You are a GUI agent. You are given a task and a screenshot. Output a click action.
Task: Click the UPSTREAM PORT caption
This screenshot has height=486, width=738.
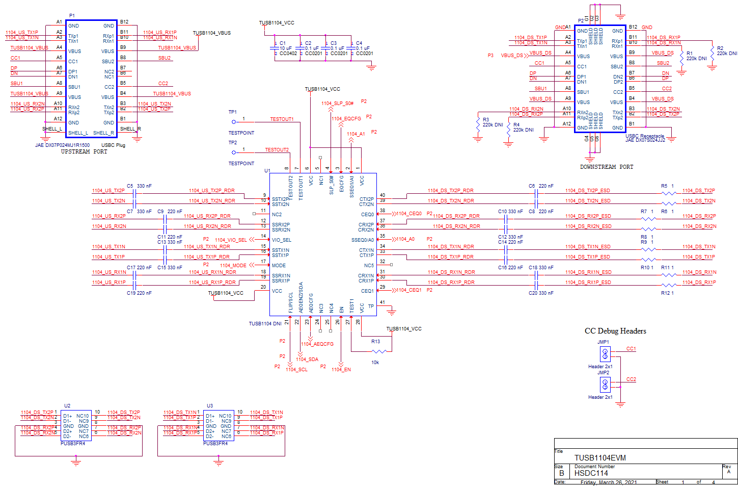click(x=84, y=151)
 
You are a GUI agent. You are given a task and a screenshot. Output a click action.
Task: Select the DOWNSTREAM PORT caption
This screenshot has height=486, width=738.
click(x=607, y=167)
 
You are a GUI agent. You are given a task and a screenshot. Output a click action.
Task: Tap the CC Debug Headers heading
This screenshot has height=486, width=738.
click(x=615, y=331)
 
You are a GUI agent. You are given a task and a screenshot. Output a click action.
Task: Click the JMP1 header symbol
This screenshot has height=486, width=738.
click(x=605, y=353)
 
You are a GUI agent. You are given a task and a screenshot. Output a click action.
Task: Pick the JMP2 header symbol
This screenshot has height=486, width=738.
click(x=605, y=384)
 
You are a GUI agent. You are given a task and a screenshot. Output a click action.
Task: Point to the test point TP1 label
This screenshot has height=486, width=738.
click(x=232, y=112)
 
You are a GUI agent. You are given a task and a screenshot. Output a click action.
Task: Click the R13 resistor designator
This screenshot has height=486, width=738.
click(x=375, y=342)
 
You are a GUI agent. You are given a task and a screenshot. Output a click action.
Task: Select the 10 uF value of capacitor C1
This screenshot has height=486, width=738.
click(x=286, y=48)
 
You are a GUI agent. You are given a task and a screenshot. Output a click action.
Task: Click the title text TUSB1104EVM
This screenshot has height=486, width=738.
click(x=600, y=458)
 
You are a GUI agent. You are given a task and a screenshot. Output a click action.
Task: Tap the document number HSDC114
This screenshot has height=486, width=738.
click(x=591, y=473)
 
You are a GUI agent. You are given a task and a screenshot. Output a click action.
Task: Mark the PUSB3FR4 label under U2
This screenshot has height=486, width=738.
click(x=73, y=444)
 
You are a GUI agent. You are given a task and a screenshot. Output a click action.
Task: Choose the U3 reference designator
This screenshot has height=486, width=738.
click(x=210, y=406)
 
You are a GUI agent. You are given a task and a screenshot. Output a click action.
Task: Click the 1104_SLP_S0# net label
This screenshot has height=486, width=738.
click(x=337, y=104)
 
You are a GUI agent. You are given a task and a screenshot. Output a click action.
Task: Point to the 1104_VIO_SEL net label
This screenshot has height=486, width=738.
click(x=230, y=240)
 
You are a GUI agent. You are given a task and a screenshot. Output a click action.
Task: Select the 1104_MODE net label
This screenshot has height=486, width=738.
click(x=233, y=265)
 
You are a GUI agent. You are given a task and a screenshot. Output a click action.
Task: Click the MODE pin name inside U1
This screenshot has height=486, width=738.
click(x=279, y=266)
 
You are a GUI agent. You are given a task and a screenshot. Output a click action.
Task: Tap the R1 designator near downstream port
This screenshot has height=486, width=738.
click(x=690, y=53)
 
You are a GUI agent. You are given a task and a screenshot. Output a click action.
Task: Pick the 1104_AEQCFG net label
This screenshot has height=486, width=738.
click(x=317, y=344)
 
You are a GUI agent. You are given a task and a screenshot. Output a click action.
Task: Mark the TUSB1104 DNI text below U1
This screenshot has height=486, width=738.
click(x=265, y=324)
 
